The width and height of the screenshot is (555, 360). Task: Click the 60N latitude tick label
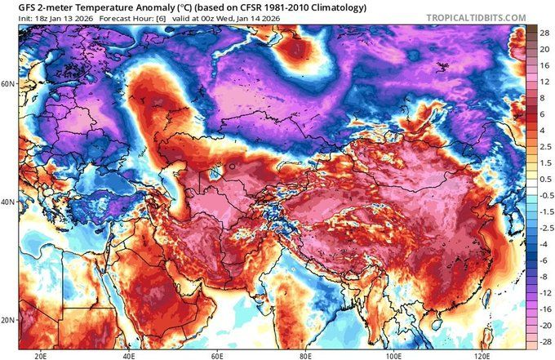tap(9, 83)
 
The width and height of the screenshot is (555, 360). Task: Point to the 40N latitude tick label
tap(9, 202)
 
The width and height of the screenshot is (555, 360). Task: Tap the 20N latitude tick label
tap(9, 319)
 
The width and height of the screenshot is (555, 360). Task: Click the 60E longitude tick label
tap(217, 354)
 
